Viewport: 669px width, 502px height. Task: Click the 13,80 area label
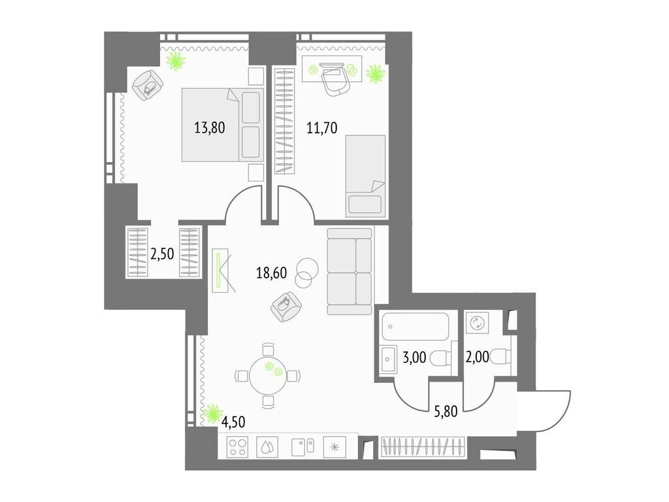(x=209, y=128)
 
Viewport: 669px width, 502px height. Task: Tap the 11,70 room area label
(x=321, y=128)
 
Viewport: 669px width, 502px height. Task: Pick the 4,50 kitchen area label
(x=234, y=422)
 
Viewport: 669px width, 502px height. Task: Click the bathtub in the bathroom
(x=416, y=325)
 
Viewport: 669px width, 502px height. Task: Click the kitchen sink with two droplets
(x=267, y=447)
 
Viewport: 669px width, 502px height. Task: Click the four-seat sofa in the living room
(x=350, y=271)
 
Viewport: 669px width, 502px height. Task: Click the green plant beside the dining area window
(x=213, y=413)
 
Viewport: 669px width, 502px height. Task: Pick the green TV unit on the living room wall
(x=220, y=270)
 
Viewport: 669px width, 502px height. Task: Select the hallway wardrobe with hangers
(x=423, y=448)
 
